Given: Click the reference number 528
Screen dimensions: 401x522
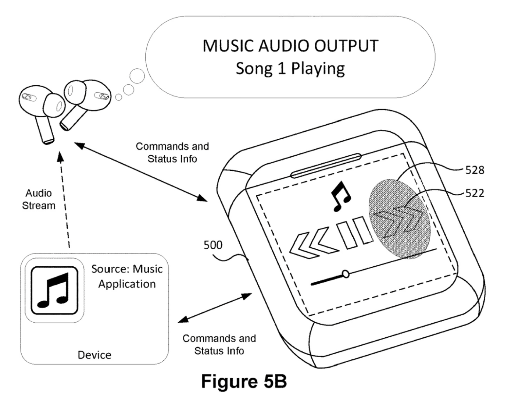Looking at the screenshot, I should [475, 170].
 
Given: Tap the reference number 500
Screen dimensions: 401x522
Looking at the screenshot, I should [213, 245].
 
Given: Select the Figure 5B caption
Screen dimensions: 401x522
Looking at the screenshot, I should [244, 382].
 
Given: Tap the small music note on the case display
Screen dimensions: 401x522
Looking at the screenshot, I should [341, 197].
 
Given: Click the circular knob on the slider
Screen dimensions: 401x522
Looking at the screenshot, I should [346, 273].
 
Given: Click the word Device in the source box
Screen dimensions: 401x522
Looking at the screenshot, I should [94, 355].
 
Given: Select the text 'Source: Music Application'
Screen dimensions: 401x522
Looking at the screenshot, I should [127, 276].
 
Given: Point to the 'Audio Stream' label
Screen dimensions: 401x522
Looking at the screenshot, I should [38, 199].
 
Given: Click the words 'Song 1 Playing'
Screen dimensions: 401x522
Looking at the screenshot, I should [290, 68].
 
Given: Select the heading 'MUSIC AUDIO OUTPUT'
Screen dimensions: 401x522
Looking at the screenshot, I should [290, 46].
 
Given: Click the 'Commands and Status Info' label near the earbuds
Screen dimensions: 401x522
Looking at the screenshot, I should [172, 152].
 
